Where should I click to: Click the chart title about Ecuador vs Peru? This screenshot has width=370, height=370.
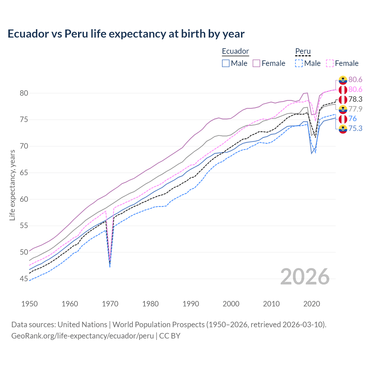[x=126, y=34]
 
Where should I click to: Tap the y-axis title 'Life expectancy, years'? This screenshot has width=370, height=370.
[x=12, y=185]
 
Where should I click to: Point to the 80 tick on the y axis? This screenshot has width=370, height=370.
[x=24, y=93]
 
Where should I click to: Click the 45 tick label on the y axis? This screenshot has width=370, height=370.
[x=24, y=279]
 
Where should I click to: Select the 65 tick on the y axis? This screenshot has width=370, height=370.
[x=24, y=173]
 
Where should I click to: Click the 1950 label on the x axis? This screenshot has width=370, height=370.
[x=29, y=304]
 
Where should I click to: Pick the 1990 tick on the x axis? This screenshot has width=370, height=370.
[x=191, y=304]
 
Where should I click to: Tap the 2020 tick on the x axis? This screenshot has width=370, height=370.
[x=312, y=304]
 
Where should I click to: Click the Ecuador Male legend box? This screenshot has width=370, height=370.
[x=226, y=63]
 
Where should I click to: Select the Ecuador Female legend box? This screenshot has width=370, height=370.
[x=256, y=63]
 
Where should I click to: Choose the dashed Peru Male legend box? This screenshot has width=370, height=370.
[x=299, y=63]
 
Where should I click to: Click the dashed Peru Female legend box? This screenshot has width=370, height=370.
[x=330, y=63]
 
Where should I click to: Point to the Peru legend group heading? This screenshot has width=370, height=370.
[x=303, y=51]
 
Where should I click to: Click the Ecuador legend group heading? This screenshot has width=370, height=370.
[x=235, y=51]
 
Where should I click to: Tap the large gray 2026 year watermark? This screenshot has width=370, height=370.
[x=305, y=277]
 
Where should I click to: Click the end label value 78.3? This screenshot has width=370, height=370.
[x=355, y=99]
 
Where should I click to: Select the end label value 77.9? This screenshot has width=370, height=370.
[x=355, y=109]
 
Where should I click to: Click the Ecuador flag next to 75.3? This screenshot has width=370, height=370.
[x=343, y=129]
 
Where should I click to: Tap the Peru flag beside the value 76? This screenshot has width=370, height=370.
[x=343, y=119]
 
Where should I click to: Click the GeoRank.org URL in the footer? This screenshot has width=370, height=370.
[x=82, y=336]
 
